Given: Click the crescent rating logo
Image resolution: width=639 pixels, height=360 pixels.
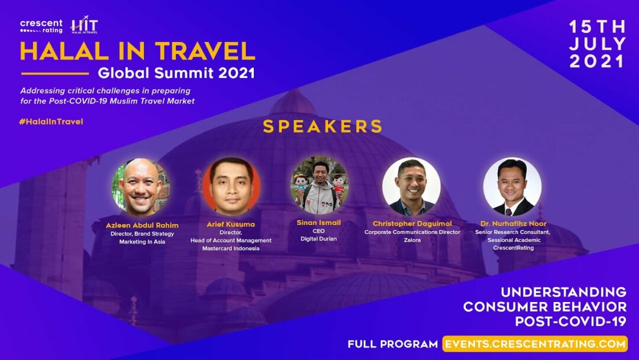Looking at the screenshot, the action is [x=41, y=26].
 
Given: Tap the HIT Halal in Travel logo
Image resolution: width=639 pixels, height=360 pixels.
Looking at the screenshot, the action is [x=85, y=25].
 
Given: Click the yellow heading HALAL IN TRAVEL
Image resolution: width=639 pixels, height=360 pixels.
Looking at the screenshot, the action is [x=137, y=51].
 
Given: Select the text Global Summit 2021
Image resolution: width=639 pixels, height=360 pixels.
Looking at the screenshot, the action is [x=176, y=73].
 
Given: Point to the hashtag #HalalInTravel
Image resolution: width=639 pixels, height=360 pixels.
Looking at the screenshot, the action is [x=51, y=121].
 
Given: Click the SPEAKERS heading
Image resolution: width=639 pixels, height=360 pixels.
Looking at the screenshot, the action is [x=322, y=126].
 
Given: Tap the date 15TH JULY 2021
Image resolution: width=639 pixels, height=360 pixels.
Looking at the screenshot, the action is [x=598, y=44].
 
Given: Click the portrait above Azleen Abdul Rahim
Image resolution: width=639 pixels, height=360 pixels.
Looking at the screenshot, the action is [x=141, y=187].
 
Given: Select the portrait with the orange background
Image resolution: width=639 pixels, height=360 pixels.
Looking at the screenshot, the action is [x=231, y=187].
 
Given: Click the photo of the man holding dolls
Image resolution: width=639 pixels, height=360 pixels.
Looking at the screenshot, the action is [x=319, y=185].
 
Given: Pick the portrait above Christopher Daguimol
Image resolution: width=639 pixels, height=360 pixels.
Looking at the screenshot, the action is [x=411, y=187].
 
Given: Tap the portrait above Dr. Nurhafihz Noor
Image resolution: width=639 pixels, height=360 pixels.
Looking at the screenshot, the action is [x=512, y=187].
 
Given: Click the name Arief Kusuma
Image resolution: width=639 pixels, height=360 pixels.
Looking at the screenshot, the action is [x=231, y=224].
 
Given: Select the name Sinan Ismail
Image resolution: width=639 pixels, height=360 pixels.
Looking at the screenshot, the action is [x=319, y=223].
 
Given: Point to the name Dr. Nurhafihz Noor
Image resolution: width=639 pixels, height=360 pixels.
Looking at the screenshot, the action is [x=513, y=223].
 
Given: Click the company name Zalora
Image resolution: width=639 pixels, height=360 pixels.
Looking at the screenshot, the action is [x=412, y=240].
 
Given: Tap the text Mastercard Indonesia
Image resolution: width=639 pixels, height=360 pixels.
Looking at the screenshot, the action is [x=231, y=248].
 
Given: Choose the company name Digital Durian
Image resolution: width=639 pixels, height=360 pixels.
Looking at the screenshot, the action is [x=319, y=239].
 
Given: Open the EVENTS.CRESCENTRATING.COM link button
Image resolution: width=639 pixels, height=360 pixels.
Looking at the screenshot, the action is [x=535, y=343].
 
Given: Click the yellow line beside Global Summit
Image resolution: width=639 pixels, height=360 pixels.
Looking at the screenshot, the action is [x=54, y=74].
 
